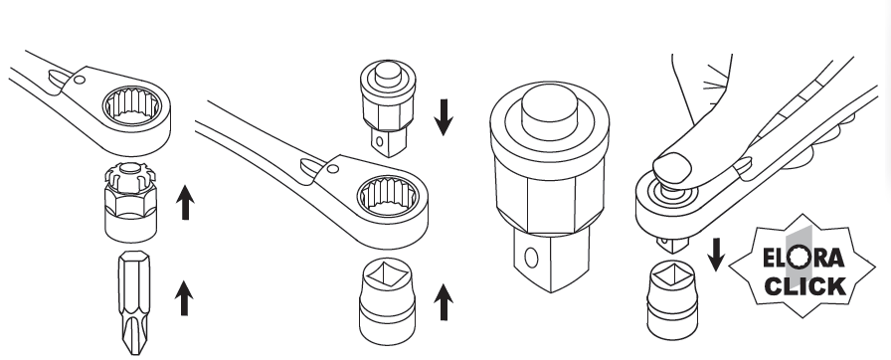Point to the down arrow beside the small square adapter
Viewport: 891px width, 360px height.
click(x=444, y=114)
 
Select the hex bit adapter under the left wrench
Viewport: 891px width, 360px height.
click(x=128, y=203)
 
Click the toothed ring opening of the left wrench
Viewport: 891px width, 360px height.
click(x=139, y=103)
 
